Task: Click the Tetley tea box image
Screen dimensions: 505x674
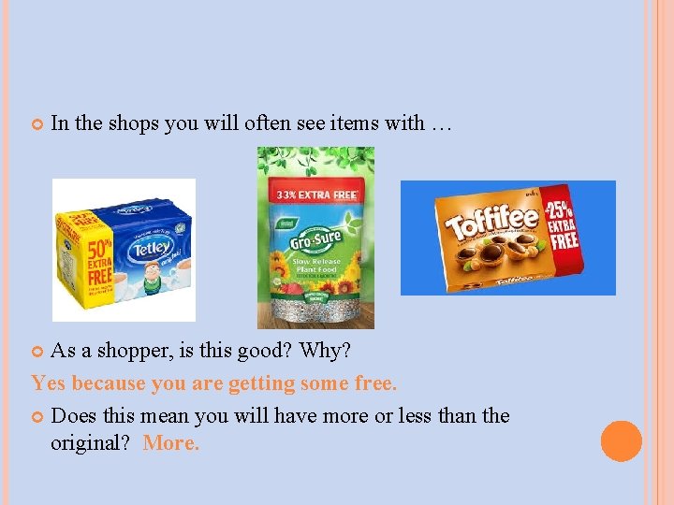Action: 124,250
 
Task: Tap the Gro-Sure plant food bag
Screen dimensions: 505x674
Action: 315,238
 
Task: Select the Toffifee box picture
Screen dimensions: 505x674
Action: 508,238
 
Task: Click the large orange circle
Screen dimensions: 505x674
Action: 622,441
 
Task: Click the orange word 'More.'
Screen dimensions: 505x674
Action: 171,443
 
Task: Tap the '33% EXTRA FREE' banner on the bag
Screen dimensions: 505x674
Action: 315,195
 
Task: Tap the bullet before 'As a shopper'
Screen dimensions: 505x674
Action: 37,352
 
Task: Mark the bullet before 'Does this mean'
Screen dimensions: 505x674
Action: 37,415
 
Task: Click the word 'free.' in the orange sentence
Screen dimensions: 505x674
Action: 375,383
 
